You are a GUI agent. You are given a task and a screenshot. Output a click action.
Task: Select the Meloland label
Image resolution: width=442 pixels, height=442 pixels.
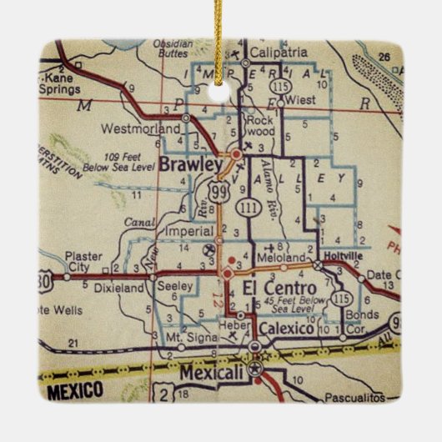[x=285, y=259]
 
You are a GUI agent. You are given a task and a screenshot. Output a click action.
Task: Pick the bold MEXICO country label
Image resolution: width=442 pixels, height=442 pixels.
[x=74, y=389]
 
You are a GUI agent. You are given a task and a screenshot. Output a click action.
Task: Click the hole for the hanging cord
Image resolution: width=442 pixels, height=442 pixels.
[x=220, y=92]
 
